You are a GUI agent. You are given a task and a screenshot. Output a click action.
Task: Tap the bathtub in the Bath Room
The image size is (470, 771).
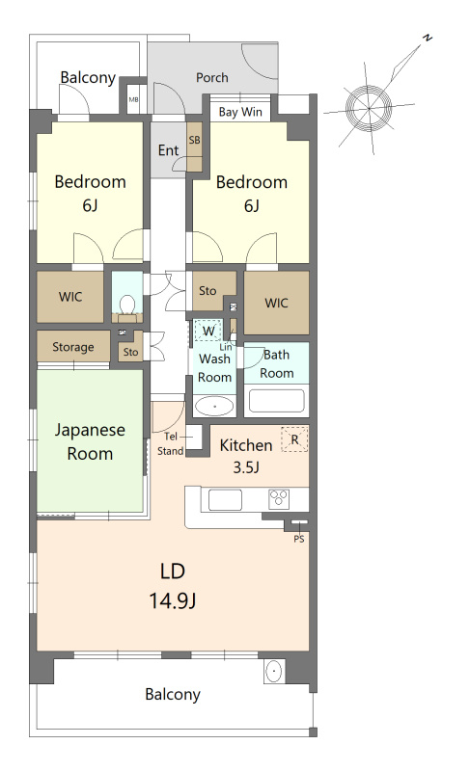tap(276, 400)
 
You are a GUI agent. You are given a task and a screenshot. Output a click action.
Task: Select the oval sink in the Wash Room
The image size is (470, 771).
tap(214, 406)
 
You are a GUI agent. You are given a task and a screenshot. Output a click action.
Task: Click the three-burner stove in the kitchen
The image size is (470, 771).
tap(279, 499)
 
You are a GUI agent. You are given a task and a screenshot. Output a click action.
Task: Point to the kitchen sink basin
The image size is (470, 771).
tap(225, 500)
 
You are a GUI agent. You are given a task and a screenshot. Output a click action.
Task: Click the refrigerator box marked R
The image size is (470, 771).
tap(294, 439)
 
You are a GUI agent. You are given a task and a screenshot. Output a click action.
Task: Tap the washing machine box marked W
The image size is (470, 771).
tap(208, 331)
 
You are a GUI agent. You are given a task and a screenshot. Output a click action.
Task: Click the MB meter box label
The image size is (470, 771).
tap(133, 99)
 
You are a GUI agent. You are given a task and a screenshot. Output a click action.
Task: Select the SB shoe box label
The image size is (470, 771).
tap(194, 140)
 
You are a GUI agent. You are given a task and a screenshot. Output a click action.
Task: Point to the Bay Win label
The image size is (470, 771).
tap(240, 112)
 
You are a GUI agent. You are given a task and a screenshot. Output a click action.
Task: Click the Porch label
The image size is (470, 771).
tap(212, 78)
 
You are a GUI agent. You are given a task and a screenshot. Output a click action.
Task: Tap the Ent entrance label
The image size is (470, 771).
tap(168, 150)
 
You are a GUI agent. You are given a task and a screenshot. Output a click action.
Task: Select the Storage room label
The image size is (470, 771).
tap(72, 347)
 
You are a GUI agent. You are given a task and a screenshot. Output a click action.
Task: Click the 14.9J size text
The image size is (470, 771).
tap(173, 600)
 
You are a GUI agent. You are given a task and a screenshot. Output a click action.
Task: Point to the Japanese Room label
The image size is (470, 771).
tap(90, 441)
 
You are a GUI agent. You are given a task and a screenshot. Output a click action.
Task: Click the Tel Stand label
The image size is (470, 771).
tap(170, 443)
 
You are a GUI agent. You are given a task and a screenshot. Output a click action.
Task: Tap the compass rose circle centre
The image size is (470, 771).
tap(369, 108)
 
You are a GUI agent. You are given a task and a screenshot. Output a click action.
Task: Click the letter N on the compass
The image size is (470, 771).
tap(429, 38)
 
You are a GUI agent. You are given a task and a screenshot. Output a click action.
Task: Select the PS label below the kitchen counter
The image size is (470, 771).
tap(299, 539)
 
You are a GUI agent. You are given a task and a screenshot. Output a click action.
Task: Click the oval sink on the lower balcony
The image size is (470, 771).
tap(274, 671)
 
